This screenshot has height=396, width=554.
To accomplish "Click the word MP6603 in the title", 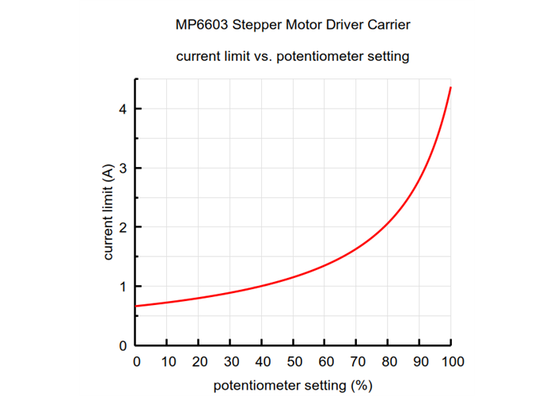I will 202,25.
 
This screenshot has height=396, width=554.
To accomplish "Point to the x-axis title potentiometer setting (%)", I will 293,386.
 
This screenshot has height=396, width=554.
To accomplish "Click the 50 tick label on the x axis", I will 293,362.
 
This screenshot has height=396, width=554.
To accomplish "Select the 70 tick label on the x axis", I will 356,362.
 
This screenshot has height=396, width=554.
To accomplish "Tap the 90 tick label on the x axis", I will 419,362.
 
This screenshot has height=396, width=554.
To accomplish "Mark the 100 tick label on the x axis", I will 451,362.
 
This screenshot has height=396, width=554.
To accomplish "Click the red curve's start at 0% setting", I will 136,306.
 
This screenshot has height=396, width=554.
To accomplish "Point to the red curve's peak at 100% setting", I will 450,88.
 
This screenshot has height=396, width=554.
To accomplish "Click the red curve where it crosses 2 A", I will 385,227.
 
